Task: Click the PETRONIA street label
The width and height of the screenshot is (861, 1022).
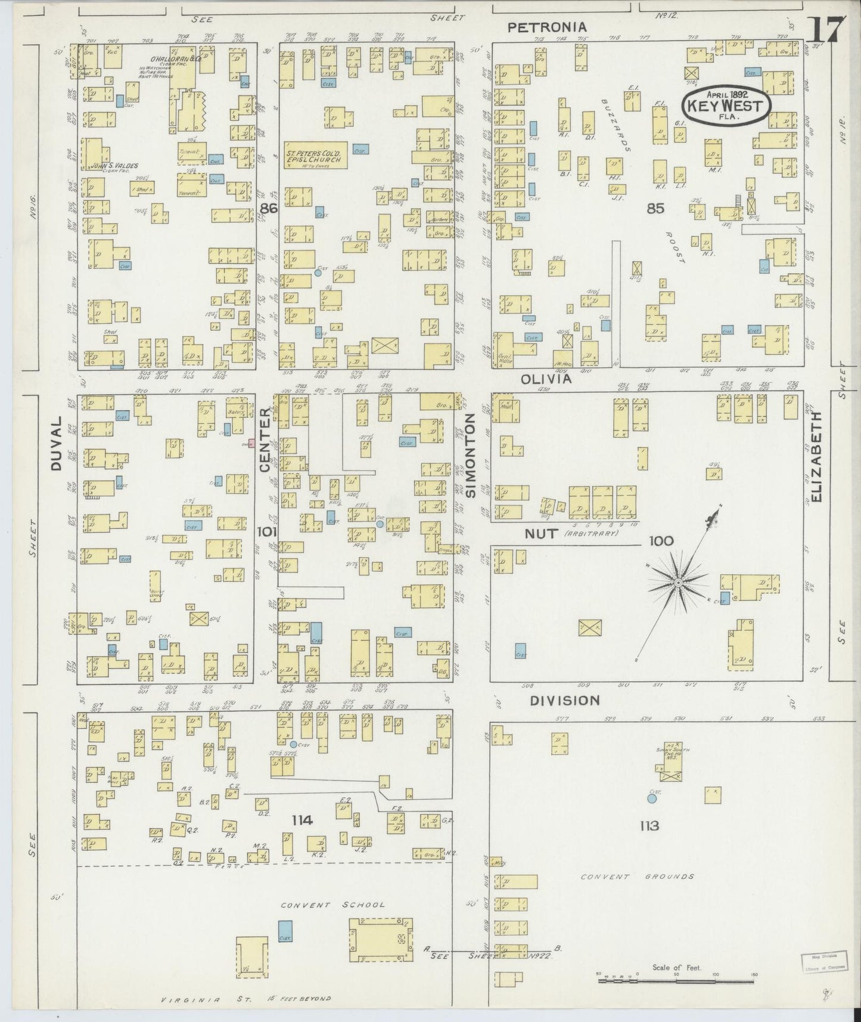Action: tap(546, 27)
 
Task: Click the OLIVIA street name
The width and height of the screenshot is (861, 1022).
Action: tap(546, 379)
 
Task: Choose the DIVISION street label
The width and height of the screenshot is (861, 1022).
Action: tap(565, 700)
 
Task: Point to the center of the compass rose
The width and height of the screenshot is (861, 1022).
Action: tap(677, 581)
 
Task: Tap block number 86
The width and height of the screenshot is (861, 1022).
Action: tap(269, 208)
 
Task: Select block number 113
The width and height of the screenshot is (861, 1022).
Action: tap(649, 826)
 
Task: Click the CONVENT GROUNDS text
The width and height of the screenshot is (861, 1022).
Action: tap(638, 877)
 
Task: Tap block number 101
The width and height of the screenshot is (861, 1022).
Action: tap(266, 531)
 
